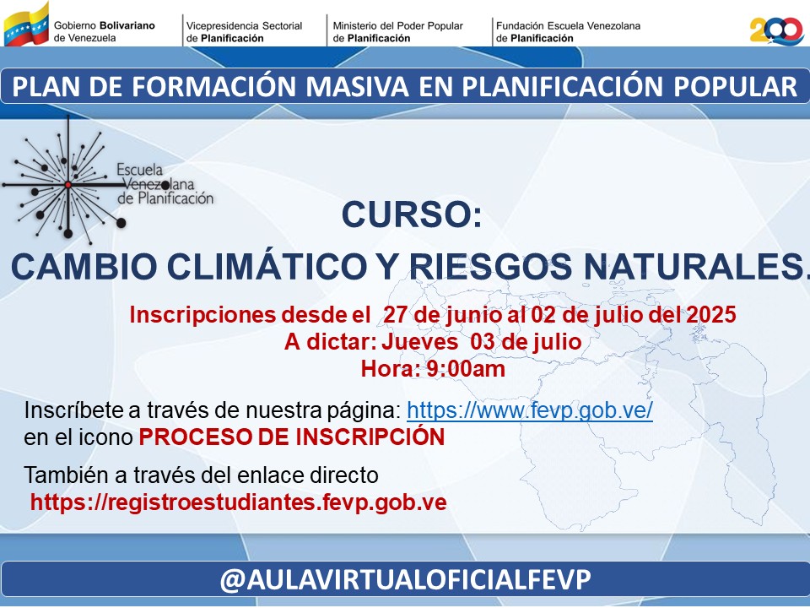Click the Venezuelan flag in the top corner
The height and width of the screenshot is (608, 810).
(x=26, y=24)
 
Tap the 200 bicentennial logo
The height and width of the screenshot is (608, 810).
(x=776, y=31)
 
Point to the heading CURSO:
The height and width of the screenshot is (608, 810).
(x=412, y=214)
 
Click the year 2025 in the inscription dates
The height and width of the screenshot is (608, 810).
(x=710, y=314)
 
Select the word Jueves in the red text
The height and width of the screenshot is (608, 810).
(x=419, y=342)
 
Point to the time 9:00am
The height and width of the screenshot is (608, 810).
(x=466, y=369)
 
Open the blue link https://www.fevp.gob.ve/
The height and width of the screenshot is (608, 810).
(x=530, y=410)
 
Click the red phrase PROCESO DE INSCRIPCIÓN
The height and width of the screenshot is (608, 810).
(x=292, y=437)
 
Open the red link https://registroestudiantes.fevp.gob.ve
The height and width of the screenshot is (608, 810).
(x=238, y=502)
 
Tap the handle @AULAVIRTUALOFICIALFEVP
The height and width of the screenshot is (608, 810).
(x=406, y=579)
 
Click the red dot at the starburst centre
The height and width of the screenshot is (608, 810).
(x=67, y=185)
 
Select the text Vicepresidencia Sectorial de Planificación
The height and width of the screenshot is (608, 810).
(x=245, y=31)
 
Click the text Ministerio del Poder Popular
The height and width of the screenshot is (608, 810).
(x=397, y=25)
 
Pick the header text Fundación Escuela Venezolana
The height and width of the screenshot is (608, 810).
(x=568, y=25)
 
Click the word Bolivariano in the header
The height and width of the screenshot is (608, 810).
(x=127, y=25)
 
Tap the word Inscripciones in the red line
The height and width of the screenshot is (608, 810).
(x=202, y=314)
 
